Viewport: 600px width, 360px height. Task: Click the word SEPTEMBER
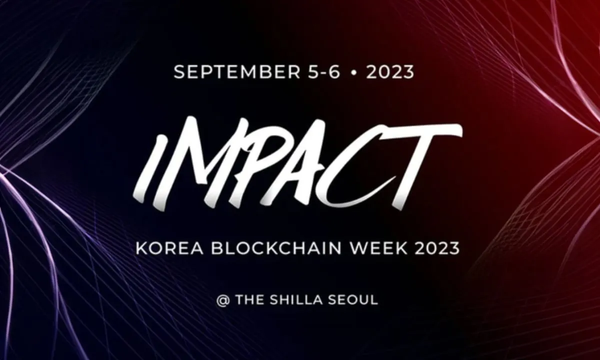tap(237, 72)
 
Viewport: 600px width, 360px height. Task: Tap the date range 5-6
tap(324, 72)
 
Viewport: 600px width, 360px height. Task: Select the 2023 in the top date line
tap(390, 72)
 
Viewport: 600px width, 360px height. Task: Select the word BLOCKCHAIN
tap(276, 248)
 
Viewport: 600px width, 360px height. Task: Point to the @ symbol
tap(223, 300)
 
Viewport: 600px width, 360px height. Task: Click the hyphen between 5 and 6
tap(324, 73)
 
